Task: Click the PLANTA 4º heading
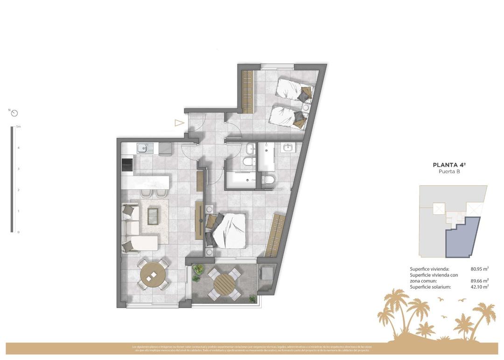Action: coord(449,165)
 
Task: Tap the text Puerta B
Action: coord(449,172)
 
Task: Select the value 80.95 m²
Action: coord(479,269)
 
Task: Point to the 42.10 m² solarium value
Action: coord(479,287)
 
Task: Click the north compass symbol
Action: coord(14,113)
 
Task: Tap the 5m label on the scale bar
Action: coord(18,127)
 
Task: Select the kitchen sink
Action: coord(142,148)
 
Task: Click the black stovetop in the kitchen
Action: coord(127,165)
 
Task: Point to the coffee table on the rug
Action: coord(153,215)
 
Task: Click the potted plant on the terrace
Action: coord(198,269)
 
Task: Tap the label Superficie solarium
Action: coord(430,287)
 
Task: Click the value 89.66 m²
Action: coord(479,281)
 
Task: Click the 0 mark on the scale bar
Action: coord(18,232)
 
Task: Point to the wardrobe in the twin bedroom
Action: coord(247,91)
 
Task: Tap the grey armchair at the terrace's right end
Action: coord(267,272)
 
